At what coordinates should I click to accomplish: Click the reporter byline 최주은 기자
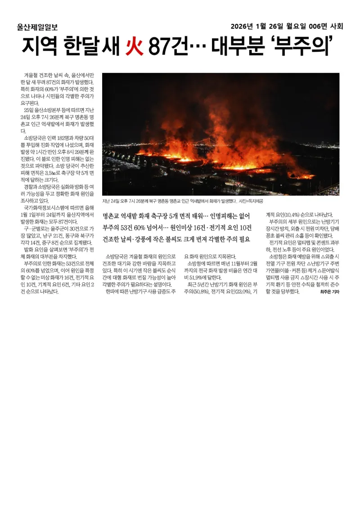click(x=329, y=292)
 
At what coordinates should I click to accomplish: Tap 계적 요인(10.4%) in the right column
click(x=288, y=214)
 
